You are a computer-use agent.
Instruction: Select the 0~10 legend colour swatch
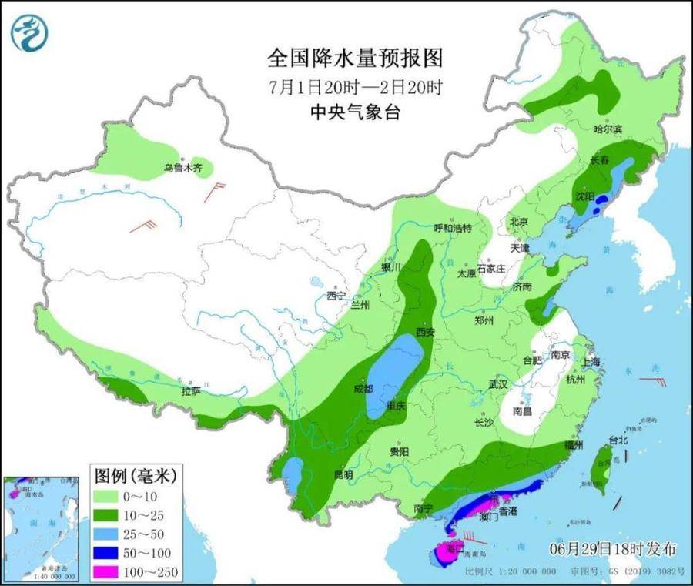112,495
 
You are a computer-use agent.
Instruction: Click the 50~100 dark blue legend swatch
112,553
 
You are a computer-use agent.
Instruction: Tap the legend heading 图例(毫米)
136,475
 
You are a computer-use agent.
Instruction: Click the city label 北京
518,222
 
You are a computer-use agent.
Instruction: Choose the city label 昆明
343,475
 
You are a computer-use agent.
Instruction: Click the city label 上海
591,362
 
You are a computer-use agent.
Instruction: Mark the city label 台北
618,440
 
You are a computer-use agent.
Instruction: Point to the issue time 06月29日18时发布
614,549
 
